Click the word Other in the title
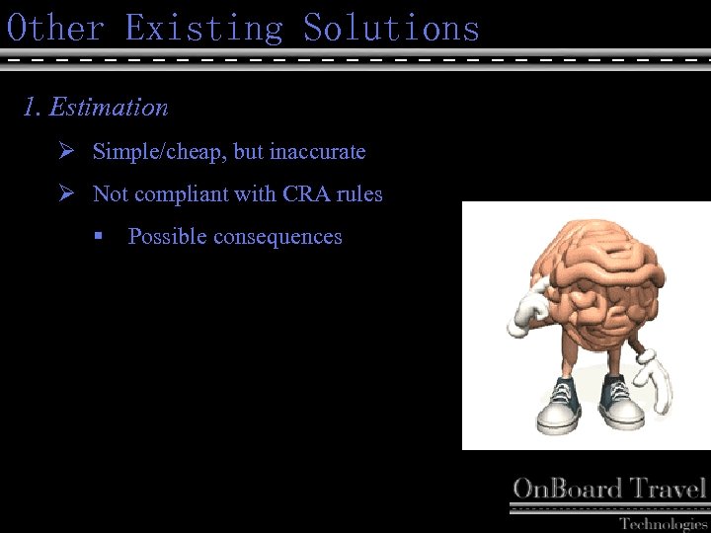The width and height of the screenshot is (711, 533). pos(55,27)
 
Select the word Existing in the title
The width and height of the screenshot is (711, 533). pos(203,27)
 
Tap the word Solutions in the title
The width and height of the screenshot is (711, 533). pos(391,27)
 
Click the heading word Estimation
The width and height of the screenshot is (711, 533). pos(109,107)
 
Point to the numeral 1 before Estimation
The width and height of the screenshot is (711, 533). pos(31,107)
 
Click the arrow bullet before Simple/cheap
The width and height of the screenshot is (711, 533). pos(66,152)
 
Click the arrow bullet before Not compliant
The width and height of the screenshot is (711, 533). pos(66,194)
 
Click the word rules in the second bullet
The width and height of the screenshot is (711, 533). pos(359,194)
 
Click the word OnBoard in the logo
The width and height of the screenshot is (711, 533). pos(567,489)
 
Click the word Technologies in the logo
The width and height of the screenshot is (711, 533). pos(663,523)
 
